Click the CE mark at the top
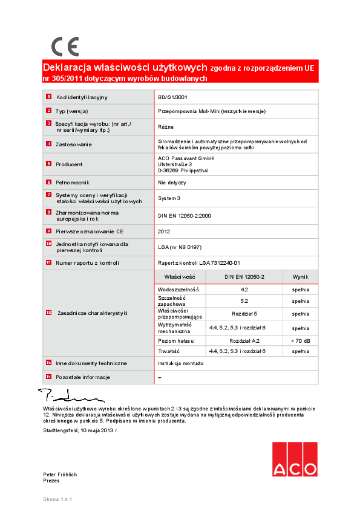[65, 47]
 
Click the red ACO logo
[294, 459]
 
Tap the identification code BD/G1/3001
[172, 97]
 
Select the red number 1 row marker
[48, 97]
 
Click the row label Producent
[69, 164]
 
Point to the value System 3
[169, 198]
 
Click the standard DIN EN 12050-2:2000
[185, 215]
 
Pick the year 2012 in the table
[164, 231]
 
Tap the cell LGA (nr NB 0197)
[181, 247]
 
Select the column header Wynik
[300, 276]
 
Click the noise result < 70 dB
[300, 341]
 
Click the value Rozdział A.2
[244, 341]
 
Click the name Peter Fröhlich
[60, 475]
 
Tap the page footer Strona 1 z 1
[57, 499]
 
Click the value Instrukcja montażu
[181, 363]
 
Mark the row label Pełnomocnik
[73, 182]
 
